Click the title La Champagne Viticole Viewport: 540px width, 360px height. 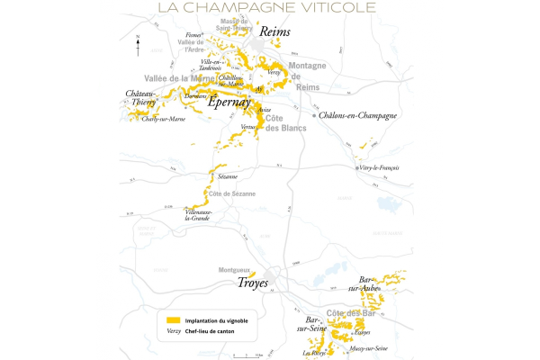[x=270, y=8]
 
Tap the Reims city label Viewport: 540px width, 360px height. [x=274, y=32]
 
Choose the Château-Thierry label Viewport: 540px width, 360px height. [x=140, y=98]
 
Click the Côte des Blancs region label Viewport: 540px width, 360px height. [x=286, y=124]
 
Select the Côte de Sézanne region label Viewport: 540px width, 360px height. [x=232, y=193]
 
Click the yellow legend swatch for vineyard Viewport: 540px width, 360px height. [x=178, y=319]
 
